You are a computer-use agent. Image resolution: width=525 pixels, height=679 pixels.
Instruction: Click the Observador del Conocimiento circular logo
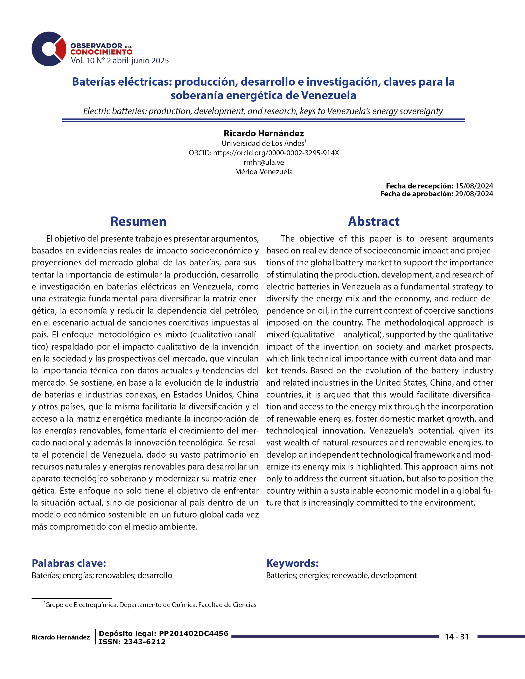tap(49, 49)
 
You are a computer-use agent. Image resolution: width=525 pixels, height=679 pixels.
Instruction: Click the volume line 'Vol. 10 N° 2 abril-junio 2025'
tap(120, 61)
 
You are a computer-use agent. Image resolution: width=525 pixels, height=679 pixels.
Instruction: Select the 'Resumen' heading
tap(138, 221)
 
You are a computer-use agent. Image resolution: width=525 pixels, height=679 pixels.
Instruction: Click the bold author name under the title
tap(264, 133)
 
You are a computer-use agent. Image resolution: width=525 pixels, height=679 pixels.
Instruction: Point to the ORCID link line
tap(264, 153)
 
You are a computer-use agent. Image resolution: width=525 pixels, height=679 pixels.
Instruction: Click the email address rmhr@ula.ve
tap(264, 162)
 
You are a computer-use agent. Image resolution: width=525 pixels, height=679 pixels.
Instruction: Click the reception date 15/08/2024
tap(474, 186)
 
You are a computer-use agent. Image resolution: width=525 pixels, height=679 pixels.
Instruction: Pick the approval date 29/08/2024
tap(474, 194)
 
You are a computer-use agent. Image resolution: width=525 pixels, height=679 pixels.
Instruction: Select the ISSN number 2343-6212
tap(145, 642)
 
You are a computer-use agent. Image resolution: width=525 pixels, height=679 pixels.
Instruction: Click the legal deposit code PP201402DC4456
tap(194, 634)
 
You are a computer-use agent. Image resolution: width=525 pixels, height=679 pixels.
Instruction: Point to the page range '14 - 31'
tap(457, 637)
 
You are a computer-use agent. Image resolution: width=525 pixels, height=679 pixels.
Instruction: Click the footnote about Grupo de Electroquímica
tap(150, 605)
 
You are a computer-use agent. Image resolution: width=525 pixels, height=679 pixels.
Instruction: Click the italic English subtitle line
tap(263, 111)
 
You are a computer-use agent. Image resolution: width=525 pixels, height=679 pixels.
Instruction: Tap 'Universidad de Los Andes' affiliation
tap(263, 143)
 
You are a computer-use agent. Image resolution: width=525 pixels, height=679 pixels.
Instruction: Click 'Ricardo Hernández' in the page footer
tap(61, 637)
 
